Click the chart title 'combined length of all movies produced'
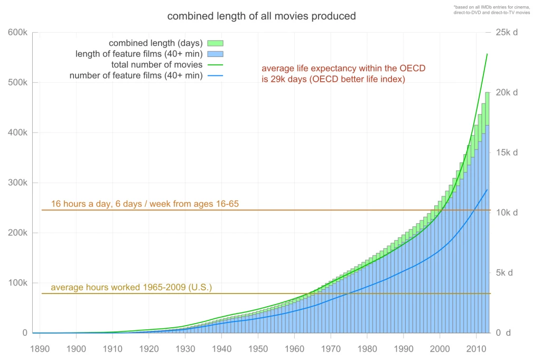pyautogui.click(x=262, y=16)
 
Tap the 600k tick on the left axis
pyautogui.click(x=17, y=33)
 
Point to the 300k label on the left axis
pyautogui.click(x=17, y=183)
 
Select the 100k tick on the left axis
pyautogui.click(x=17, y=283)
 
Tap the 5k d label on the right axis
pyautogui.click(x=508, y=273)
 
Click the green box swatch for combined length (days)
pyautogui.click(x=216, y=43)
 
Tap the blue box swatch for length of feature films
pyautogui.click(x=216, y=54)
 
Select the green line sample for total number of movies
pyautogui.click(x=216, y=65)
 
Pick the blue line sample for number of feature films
pyautogui.click(x=216, y=76)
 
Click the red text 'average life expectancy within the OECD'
pyautogui.click(x=343, y=69)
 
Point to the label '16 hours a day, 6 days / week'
pyautogui.click(x=145, y=204)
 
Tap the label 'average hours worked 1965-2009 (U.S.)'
pyautogui.click(x=131, y=288)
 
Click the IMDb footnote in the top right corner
pyautogui.click(x=491, y=9)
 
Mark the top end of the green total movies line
pyautogui.click(x=487, y=54)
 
